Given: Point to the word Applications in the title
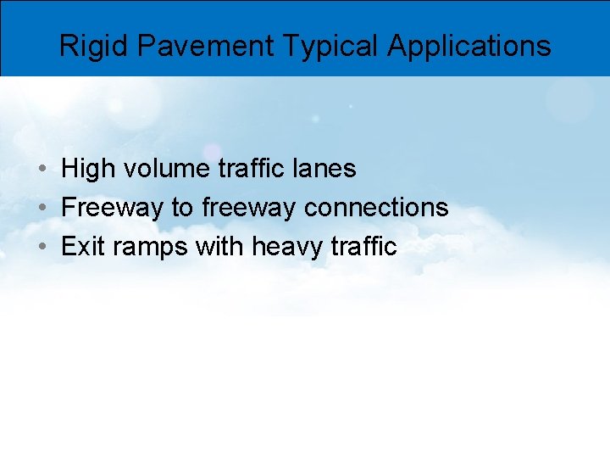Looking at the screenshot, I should pyautogui.click(x=469, y=46).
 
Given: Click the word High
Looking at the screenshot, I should pyautogui.click(x=88, y=169).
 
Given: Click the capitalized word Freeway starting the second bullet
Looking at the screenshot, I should pyautogui.click(x=113, y=208).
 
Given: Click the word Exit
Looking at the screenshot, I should pyautogui.click(x=81, y=247).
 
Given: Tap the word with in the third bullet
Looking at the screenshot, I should pyautogui.click(x=220, y=247).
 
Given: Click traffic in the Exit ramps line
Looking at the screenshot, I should pyautogui.click(x=364, y=247).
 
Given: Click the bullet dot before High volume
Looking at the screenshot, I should pyautogui.click(x=42, y=170).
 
